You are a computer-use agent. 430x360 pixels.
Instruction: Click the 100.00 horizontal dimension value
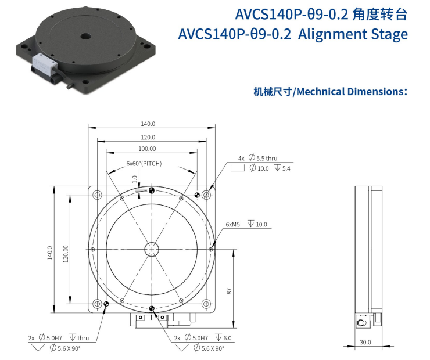click(147, 149)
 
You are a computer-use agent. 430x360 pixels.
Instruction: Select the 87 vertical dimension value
click(229, 291)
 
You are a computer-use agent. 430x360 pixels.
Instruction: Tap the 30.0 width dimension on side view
click(365, 342)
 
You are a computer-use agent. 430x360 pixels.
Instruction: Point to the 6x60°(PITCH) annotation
click(144, 164)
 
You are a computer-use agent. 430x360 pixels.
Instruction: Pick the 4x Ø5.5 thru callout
click(257, 158)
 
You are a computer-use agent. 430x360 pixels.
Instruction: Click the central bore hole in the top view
click(152, 249)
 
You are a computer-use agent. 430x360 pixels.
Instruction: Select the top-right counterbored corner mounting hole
click(206, 195)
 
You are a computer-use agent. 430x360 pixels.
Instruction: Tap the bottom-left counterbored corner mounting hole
click(97, 304)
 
